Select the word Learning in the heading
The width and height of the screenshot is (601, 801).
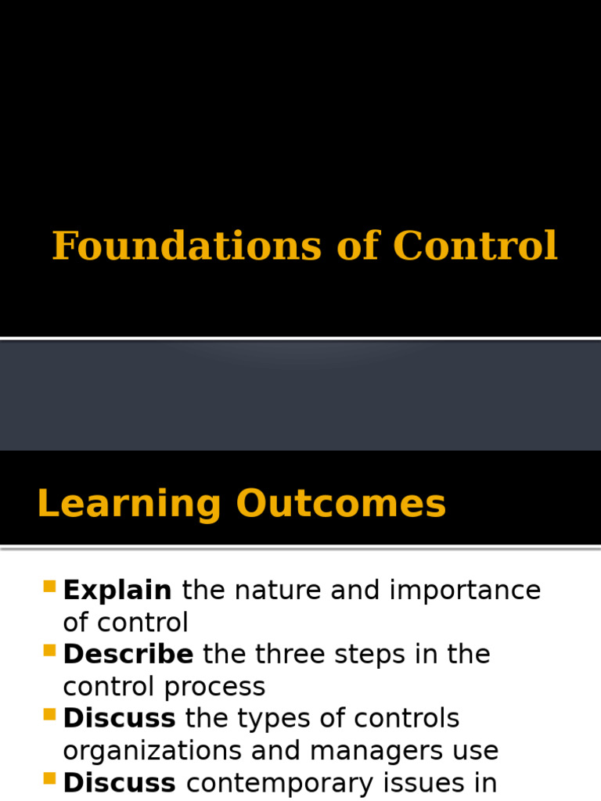point(129,505)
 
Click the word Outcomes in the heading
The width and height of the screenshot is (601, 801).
point(341,505)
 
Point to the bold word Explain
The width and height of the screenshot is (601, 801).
point(117,591)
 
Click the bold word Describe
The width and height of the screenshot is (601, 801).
point(128,655)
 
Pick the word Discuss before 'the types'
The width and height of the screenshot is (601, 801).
point(119,718)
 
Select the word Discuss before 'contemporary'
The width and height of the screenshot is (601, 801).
point(119,782)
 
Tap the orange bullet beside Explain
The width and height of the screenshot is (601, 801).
point(50,586)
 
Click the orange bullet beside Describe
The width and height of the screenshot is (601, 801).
point(50,650)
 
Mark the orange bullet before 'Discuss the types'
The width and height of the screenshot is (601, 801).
point(50,713)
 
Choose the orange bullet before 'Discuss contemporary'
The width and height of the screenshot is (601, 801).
point(50,778)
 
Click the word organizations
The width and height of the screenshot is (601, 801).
point(152,751)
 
